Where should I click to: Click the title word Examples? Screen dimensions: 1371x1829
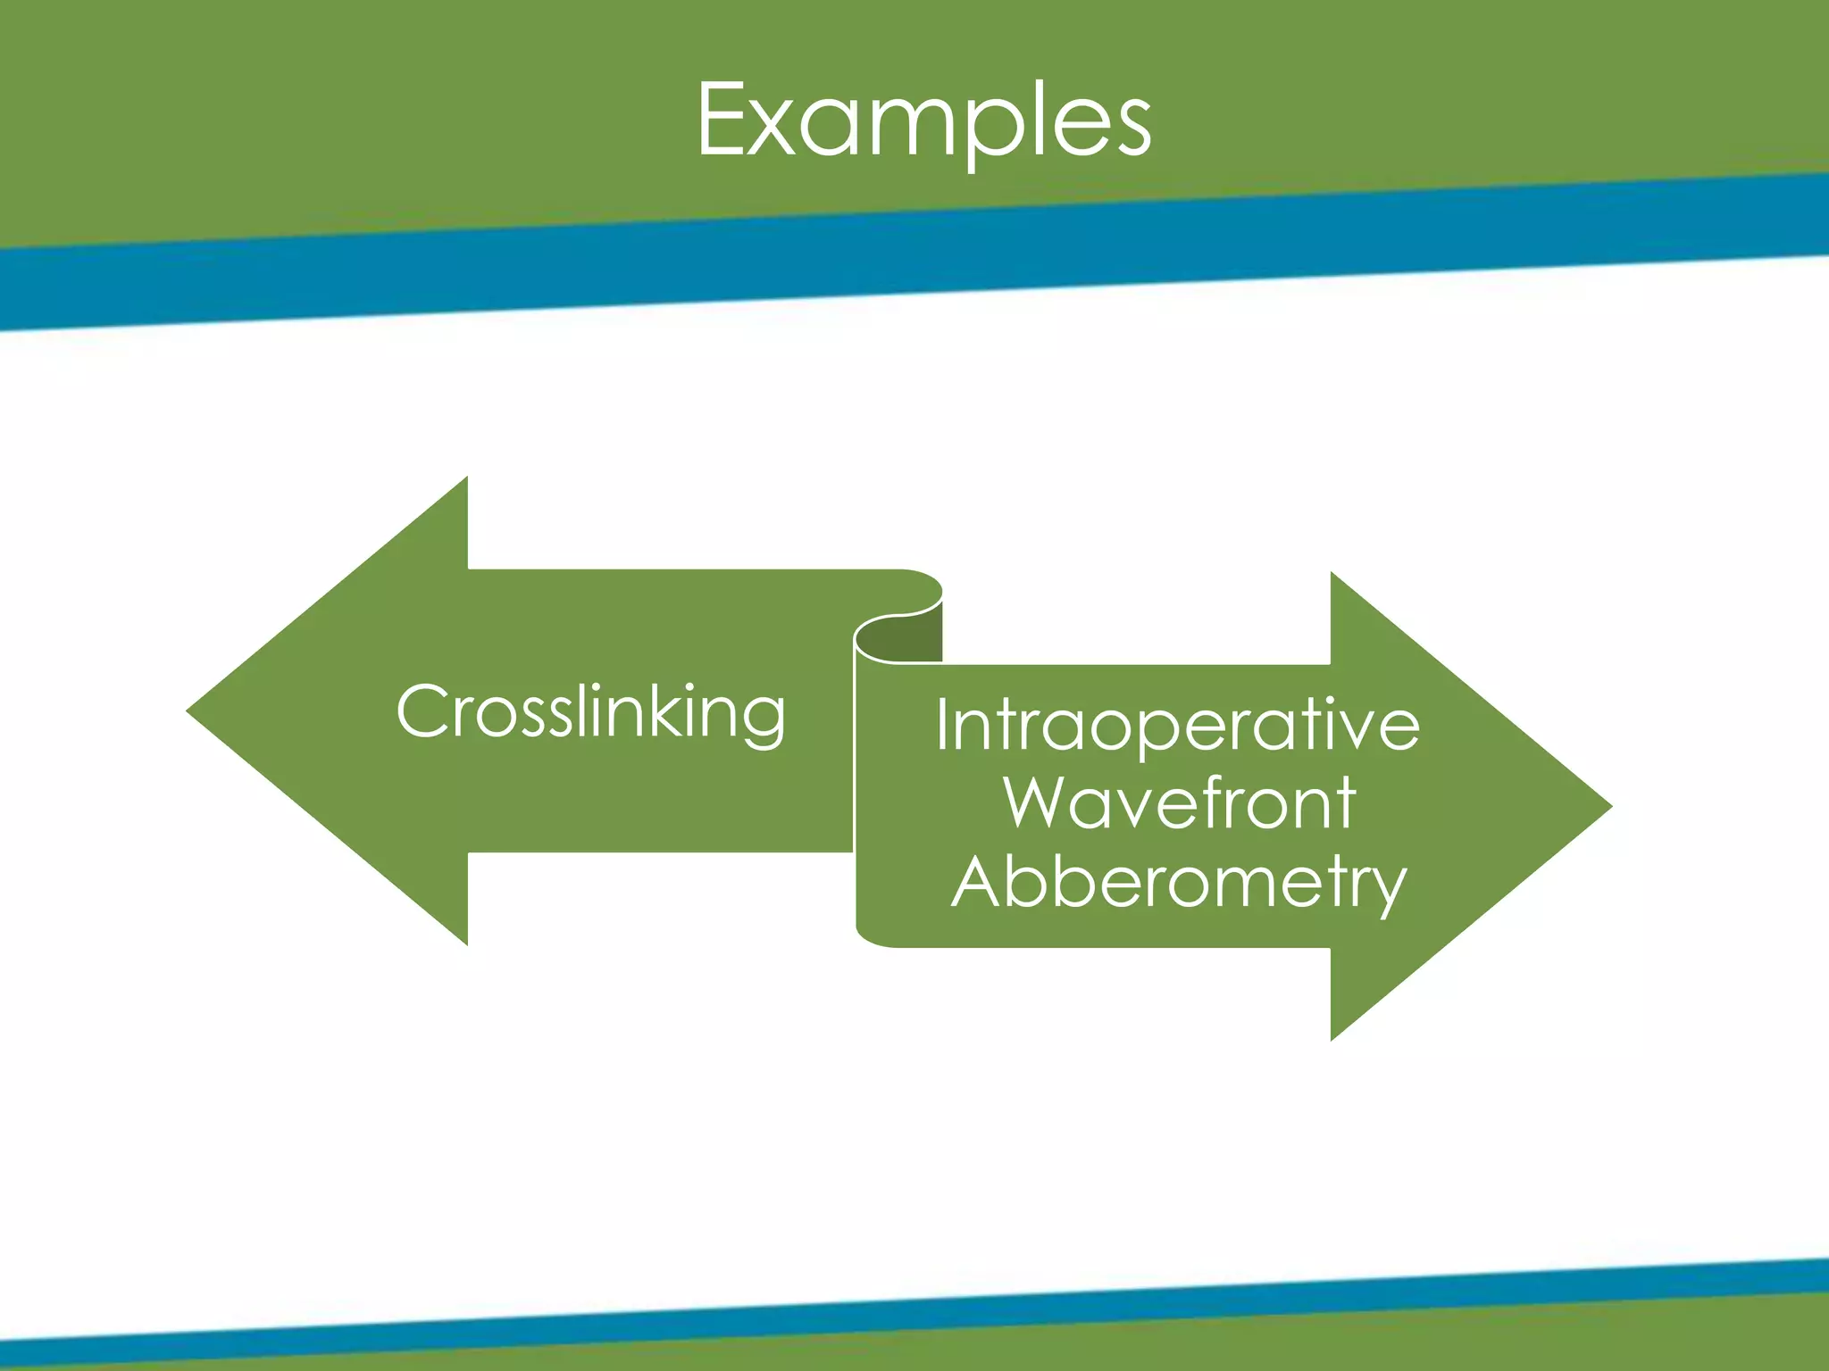tap(923, 120)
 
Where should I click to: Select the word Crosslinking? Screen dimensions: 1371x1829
tap(590, 711)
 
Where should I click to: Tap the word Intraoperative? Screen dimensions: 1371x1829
tap(1177, 724)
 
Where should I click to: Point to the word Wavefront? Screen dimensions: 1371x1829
tap(1179, 802)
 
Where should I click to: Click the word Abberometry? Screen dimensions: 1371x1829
tap(1179, 882)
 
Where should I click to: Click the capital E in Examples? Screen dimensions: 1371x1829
tap(722, 120)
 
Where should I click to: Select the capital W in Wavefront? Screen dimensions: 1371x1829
tap(1040, 802)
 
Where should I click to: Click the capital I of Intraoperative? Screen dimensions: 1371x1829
tap(943, 724)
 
